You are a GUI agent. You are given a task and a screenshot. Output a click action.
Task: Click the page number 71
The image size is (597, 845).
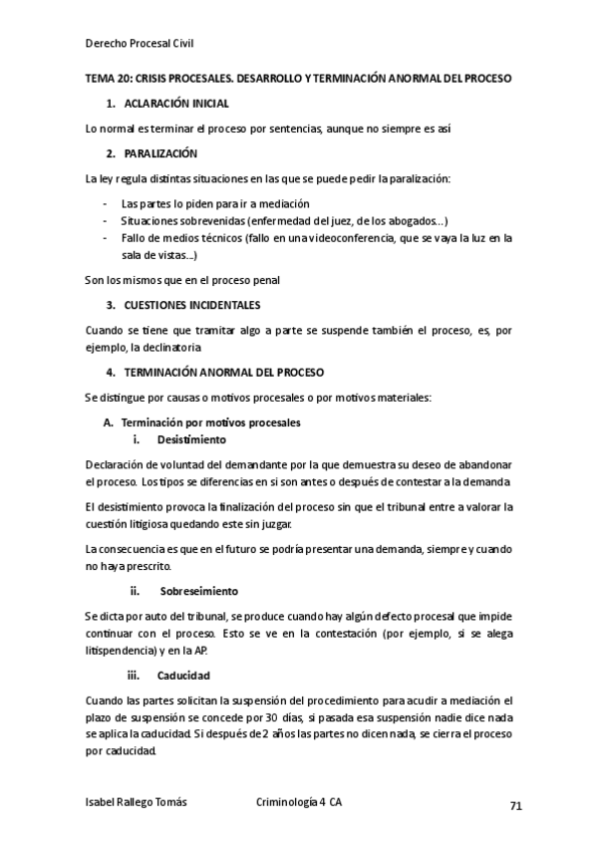pos(515,805)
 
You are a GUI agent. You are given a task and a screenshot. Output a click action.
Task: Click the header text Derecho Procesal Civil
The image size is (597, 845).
pos(140,43)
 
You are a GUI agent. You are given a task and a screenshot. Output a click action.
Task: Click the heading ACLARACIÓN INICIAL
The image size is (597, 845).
pos(176,104)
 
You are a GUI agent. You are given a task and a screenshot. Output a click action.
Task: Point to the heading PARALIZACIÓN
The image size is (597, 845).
pos(160,153)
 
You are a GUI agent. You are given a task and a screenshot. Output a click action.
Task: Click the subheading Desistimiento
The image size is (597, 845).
pos(191,439)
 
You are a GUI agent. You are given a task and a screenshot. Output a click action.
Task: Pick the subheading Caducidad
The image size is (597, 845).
pos(183,677)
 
